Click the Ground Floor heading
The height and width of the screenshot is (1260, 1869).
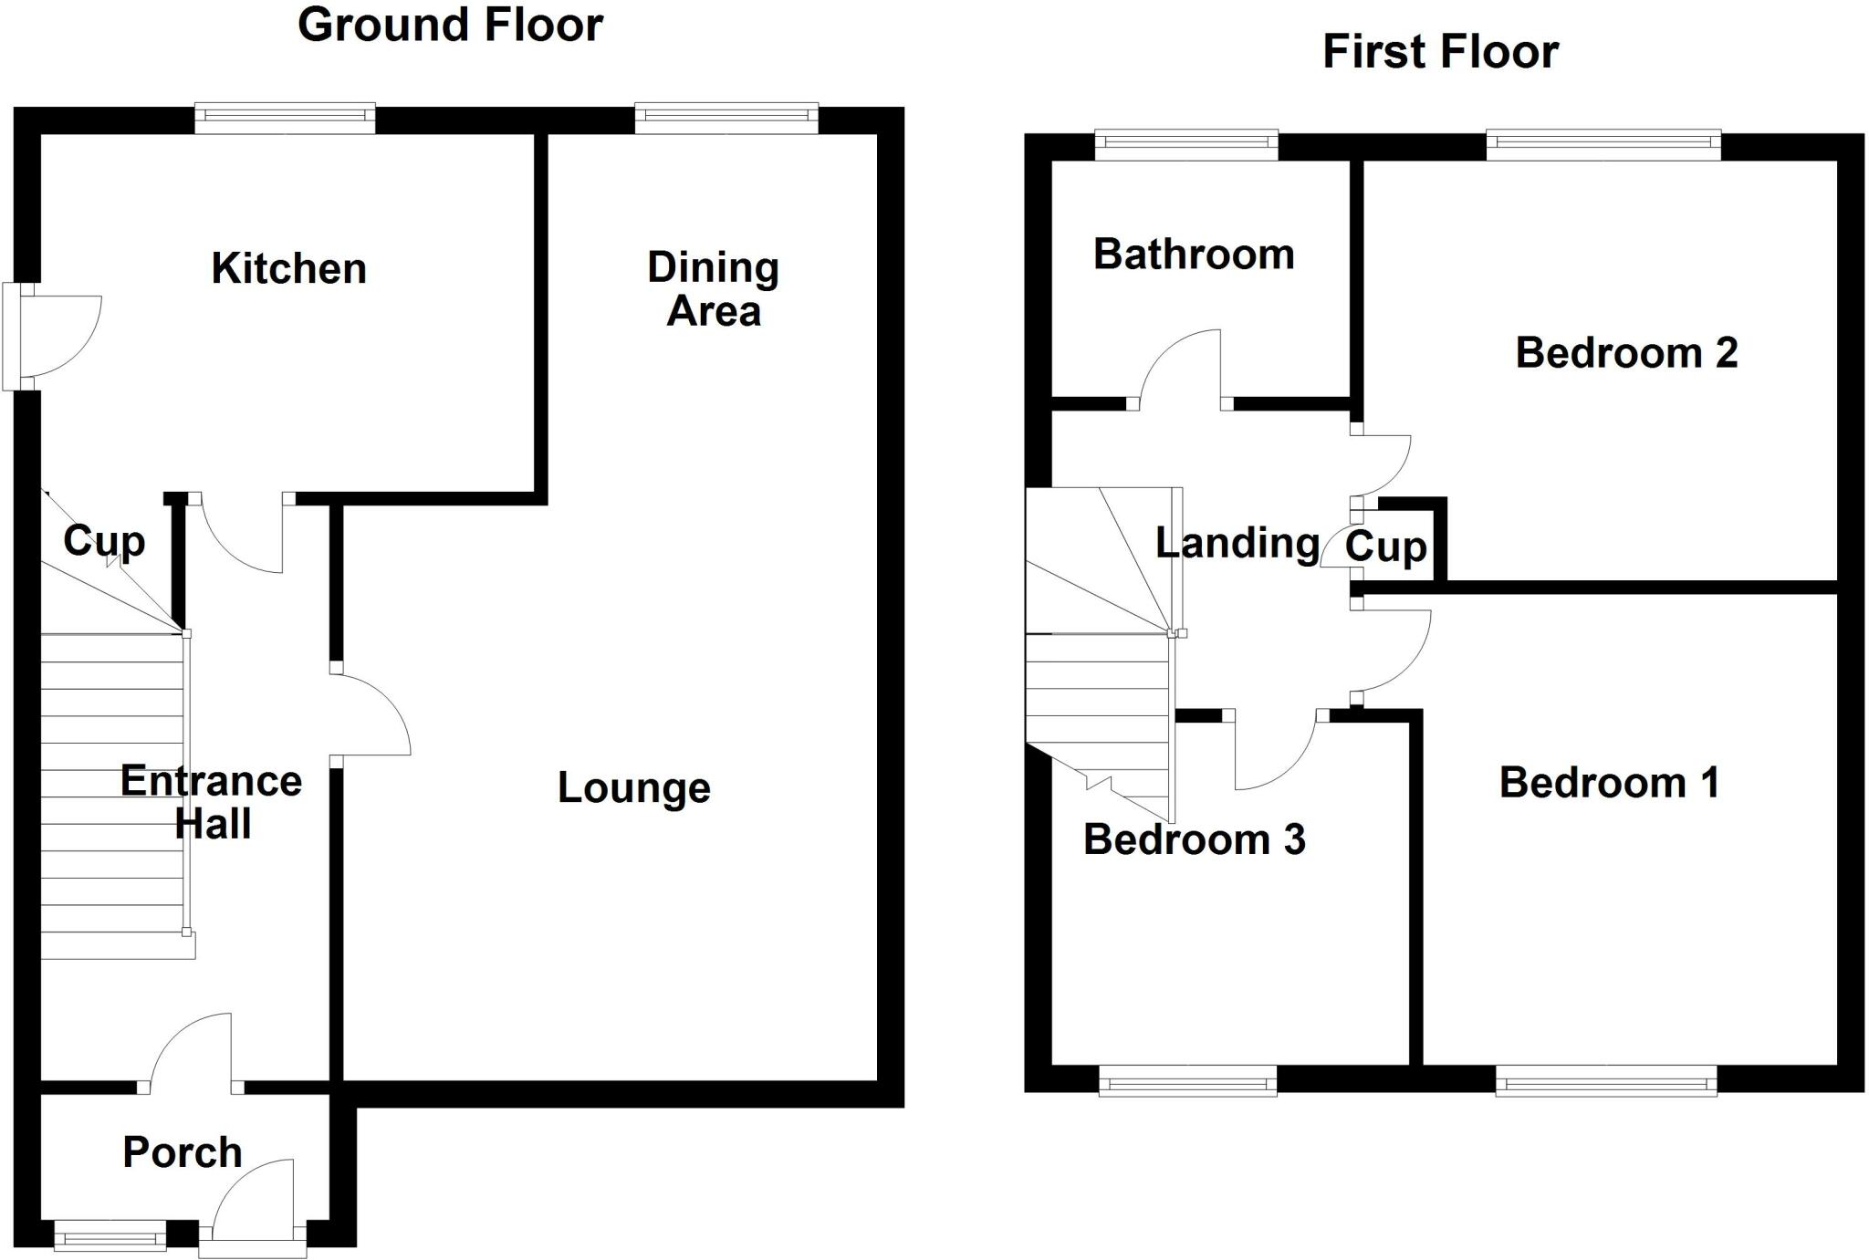(450, 25)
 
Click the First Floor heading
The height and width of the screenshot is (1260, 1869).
(1440, 52)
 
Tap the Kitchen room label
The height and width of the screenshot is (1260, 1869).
(288, 268)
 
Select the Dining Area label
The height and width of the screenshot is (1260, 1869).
(713, 289)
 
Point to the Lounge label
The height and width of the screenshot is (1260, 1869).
(633, 787)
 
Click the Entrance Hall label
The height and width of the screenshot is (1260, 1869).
(211, 802)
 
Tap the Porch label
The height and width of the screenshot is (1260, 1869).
(183, 1152)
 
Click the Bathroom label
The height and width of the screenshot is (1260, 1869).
(1194, 255)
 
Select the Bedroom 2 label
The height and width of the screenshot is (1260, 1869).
(1625, 353)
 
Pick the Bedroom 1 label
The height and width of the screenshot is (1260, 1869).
(1609, 783)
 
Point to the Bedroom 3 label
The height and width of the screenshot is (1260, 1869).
(1194, 839)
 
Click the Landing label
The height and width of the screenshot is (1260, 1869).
(1237, 543)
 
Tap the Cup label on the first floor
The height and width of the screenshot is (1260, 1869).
(1385, 547)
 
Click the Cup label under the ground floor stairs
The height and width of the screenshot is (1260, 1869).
(104, 541)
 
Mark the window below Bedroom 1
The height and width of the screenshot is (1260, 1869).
(1605, 1083)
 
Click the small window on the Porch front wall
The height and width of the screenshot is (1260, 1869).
(110, 1238)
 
